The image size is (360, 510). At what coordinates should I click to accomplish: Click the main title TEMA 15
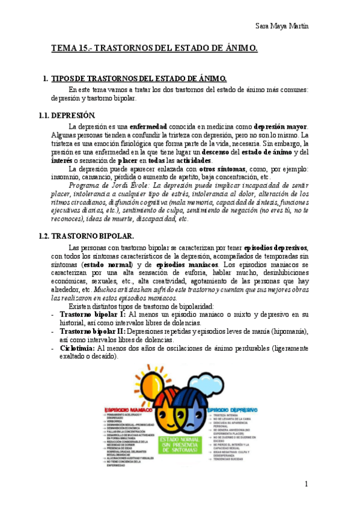coord(154,49)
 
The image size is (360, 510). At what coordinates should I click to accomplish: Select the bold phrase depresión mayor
coord(280,126)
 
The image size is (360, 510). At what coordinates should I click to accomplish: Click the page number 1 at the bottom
coord(306,484)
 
